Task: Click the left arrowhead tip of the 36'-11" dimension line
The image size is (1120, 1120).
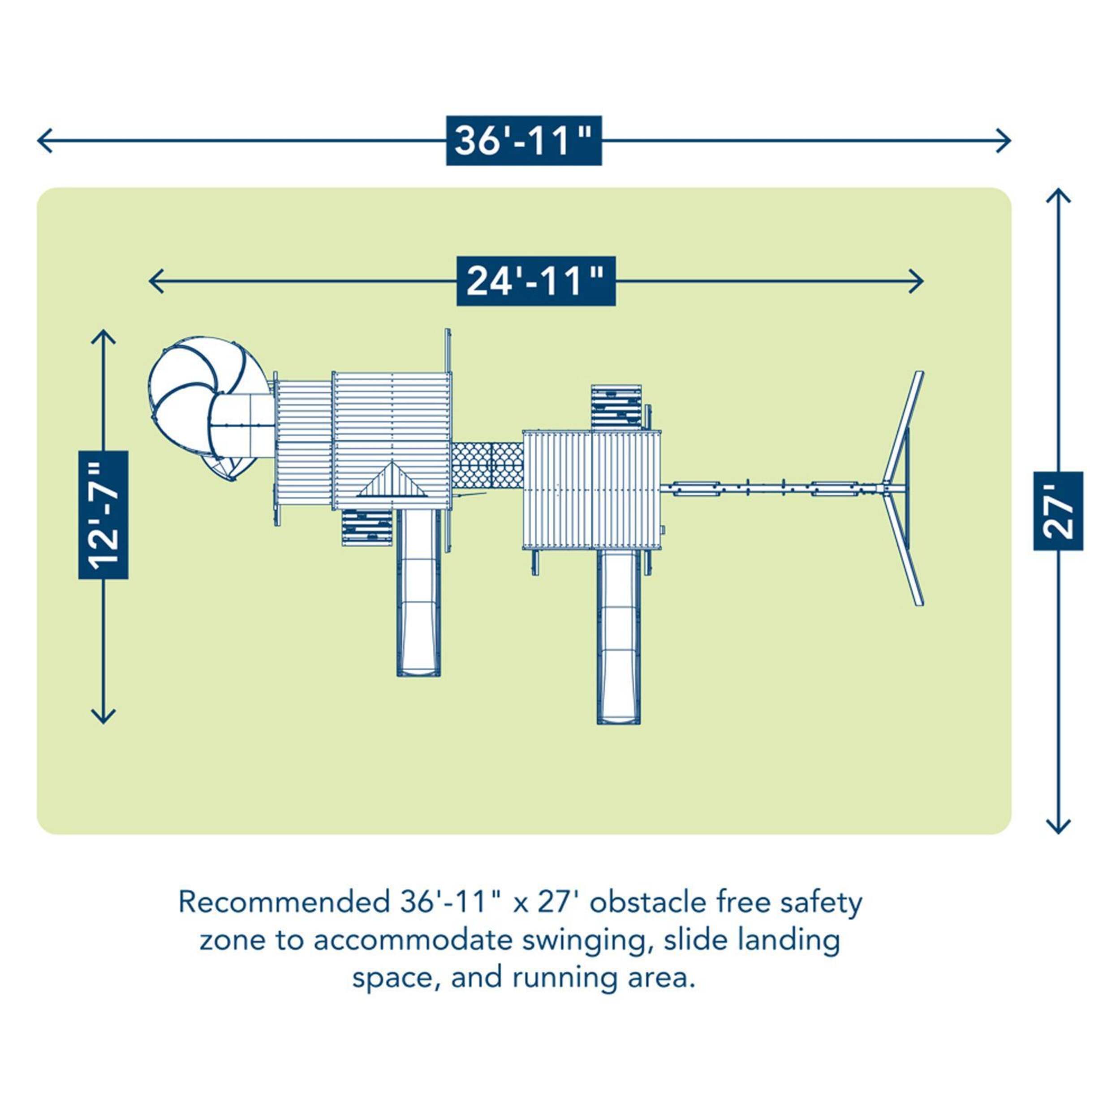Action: [x=38, y=141]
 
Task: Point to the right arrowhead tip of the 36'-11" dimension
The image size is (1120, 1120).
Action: [x=1011, y=141]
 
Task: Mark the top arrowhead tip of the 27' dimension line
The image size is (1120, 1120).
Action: [x=1058, y=189]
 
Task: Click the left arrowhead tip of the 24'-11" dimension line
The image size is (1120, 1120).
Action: [x=150, y=282]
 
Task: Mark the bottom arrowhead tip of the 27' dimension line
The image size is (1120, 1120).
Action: [x=1058, y=834]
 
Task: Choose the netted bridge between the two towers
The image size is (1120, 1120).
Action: [x=487, y=465]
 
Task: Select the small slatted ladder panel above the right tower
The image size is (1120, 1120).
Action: [x=617, y=408]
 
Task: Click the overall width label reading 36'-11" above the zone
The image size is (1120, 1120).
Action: [x=523, y=141]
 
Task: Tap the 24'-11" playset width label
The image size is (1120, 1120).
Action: [x=536, y=281]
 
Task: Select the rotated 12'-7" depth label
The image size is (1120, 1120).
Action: [x=103, y=515]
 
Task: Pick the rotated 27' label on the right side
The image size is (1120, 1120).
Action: [x=1058, y=511]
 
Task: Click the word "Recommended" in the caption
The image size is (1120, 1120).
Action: [x=284, y=903]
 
